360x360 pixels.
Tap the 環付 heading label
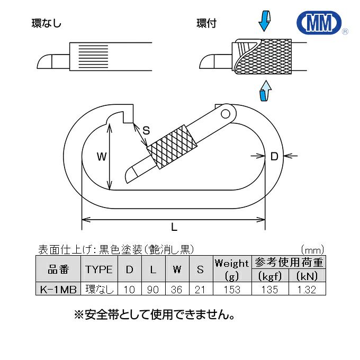tap(206, 23)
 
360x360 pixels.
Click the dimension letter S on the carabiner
tap(146, 130)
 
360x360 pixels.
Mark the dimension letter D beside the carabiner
tap(274, 156)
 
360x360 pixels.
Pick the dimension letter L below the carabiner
tap(174, 227)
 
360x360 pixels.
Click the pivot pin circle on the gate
tap(226, 112)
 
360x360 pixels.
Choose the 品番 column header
tap(58, 269)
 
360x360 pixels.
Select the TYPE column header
tap(98, 269)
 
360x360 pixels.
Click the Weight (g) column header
tap(232, 269)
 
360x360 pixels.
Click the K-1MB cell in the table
tap(58, 289)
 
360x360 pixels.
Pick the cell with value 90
tap(153, 289)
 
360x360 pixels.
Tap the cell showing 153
tap(232, 289)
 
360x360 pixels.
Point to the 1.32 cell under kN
tap(307, 289)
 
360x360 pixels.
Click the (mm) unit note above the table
tap(312, 249)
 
